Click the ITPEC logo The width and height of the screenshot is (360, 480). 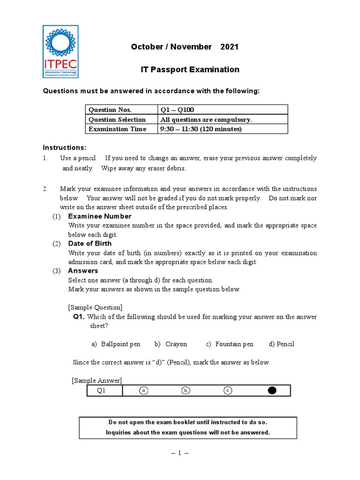pyautogui.click(x=60, y=51)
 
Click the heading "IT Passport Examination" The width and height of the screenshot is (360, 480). pyautogui.click(x=190, y=69)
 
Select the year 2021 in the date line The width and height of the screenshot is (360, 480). pyautogui.click(x=229, y=46)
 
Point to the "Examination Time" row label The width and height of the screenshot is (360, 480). pyautogui.click(x=117, y=129)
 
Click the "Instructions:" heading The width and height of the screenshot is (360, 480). pyautogui.click(x=65, y=147)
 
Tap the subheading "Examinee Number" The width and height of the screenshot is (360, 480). pyautogui.click(x=99, y=216)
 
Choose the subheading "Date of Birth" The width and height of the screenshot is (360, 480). pyautogui.click(x=90, y=243)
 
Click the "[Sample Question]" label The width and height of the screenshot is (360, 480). pyautogui.click(x=95, y=307)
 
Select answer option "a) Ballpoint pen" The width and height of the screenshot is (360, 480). pyautogui.click(x=116, y=344)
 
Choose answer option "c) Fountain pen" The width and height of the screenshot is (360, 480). pyautogui.click(x=230, y=344)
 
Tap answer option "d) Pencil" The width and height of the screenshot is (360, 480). pyautogui.click(x=281, y=344)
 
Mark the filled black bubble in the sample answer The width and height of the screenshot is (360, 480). pyautogui.click(x=272, y=390)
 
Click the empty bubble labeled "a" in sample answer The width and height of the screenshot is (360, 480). pyautogui.click(x=144, y=390)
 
